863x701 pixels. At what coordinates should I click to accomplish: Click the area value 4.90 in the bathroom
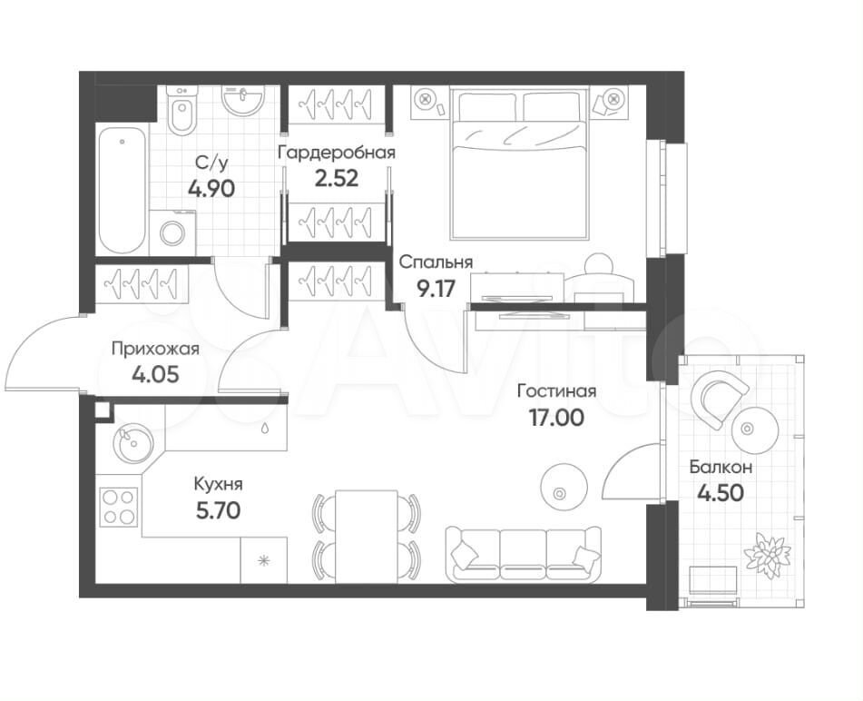211,189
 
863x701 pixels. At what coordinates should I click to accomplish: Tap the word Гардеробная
337,153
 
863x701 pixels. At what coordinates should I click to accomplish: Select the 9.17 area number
436,288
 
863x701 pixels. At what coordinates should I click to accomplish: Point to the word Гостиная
556,391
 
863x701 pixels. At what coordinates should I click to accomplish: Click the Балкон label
721,468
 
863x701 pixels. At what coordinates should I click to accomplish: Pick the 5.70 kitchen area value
219,511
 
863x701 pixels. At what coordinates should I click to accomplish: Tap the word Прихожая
155,350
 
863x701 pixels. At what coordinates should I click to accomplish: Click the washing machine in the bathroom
172,233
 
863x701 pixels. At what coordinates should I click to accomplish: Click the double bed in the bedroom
517,163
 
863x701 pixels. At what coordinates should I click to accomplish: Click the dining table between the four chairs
366,535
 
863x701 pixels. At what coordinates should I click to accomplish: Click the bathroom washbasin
242,100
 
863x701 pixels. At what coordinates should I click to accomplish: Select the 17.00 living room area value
556,418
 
